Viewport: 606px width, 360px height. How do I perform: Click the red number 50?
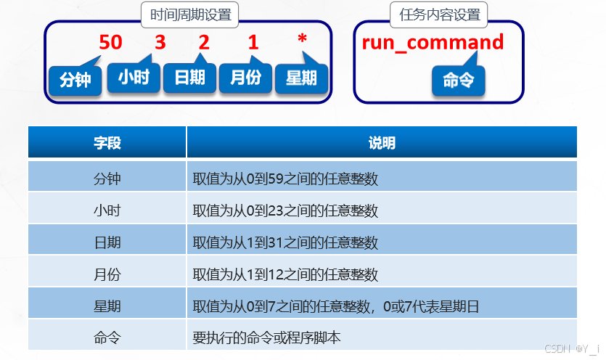click(x=111, y=42)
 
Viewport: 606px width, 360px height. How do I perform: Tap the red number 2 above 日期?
click(x=204, y=42)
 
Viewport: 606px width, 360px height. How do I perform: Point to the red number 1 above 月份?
click(x=253, y=42)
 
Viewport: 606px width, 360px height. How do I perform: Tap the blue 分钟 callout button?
click(x=75, y=79)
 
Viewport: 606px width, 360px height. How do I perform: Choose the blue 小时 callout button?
click(x=134, y=77)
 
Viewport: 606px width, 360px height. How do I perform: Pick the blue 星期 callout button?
click(x=301, y=78)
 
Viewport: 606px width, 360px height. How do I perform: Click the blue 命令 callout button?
click(x=459, y=80)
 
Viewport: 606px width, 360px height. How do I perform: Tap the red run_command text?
click(x=433, y=42)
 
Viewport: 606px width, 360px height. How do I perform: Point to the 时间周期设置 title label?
click(x=189, y=15)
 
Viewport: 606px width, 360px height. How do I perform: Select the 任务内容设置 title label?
click(x=440, y=15)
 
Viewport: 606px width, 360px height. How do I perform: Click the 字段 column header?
click(x=107, y=142)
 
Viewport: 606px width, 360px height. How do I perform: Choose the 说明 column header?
click(x=382, y=142)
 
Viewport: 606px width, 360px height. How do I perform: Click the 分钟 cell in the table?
click(x=107, y=177)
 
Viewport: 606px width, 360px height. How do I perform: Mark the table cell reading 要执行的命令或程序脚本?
click(x=266, y=337)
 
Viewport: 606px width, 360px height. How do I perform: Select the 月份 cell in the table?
click(x=107, y=274)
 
